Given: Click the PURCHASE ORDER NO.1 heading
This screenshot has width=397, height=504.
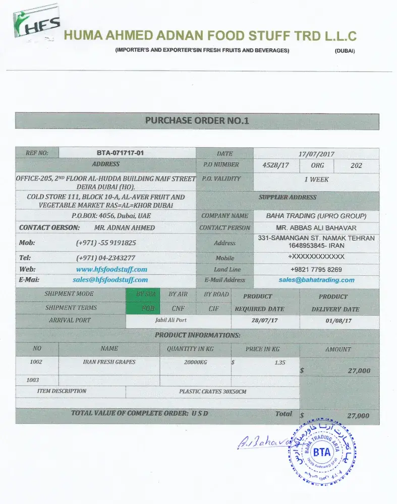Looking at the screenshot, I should (x=197, y=120).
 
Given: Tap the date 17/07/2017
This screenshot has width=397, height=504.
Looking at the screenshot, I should (x=316, y=154).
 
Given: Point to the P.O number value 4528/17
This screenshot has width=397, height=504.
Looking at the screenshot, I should (x=276, y=165).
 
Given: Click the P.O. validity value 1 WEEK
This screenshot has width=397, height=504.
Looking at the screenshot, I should (x=316, y=179).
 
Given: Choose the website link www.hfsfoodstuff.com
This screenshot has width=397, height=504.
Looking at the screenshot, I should (x=111, y=269).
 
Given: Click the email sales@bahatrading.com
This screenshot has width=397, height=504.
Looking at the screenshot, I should (x=316, y=280).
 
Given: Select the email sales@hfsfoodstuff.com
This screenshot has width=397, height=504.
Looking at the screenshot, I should (x=110, y=280).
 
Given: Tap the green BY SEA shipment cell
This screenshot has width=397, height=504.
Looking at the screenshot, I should (x=146, y=294).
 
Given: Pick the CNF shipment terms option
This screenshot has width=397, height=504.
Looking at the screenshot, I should (x=178, y=308).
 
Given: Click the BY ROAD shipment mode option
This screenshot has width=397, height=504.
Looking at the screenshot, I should (x=216, y=294).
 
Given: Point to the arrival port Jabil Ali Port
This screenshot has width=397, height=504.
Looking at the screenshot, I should (x=171, y=320).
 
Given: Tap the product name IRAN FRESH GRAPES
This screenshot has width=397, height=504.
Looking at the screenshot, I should (x=109, y=362).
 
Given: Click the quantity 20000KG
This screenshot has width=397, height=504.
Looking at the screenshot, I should (x=195, y=362).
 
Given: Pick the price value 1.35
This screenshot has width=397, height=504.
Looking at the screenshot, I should (x=280, y=362).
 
